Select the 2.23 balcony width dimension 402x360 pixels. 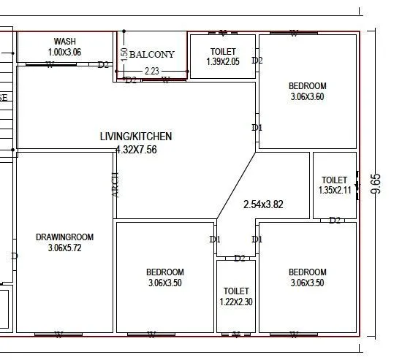pyautogui.click(x=152, y=71)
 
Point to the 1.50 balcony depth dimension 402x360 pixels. pyautogui.click(x=124, y=54)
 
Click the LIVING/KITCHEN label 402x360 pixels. pyautogui.click(x=136, y=136)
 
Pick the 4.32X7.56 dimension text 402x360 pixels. pyautogui.click(x=136, y=149)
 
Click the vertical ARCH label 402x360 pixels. pyautogui.click(x=115, y=183)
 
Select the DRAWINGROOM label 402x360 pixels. pyautogui.click(x=64, y=237)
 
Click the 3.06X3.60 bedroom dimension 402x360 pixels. pyautogui.click(x=307, y=96)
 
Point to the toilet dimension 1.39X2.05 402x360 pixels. pyautogui.click(x=223, y=63)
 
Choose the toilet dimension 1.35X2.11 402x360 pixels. pyautogui.click(x=335, y=191)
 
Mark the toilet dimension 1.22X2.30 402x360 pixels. pyautogui.click(x=236, y=302)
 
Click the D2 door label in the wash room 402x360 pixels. pyautogui.click(x=103, y=64)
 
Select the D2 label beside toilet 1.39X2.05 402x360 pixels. pyautogui.click(x=257, y=61)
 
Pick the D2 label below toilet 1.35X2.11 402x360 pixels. pyautogui.click(x=335, y=220)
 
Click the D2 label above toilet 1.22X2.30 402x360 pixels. pyautogui.click(x=240, y=258)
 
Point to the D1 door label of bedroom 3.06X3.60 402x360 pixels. pyautogui.click(x=257, y=128)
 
